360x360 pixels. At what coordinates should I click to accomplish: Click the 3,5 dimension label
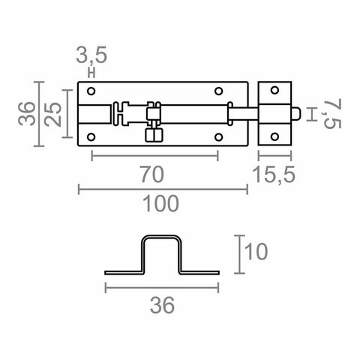[x=91, y=55]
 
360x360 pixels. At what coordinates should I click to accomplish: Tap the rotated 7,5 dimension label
[x=333, y=113]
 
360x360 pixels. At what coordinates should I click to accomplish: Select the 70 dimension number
[x=152, y=174]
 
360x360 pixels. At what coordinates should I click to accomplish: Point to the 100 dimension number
[x=160, y=203]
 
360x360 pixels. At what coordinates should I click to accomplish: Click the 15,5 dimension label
[x=274, y=174]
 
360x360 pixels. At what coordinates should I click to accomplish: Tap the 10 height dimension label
[x=256, y=251]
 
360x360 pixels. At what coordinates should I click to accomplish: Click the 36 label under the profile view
[x=162, y=305]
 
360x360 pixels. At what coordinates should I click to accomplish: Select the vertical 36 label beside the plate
[x=26, y=113]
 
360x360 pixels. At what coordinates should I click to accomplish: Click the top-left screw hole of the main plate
[x=91, y=91]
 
